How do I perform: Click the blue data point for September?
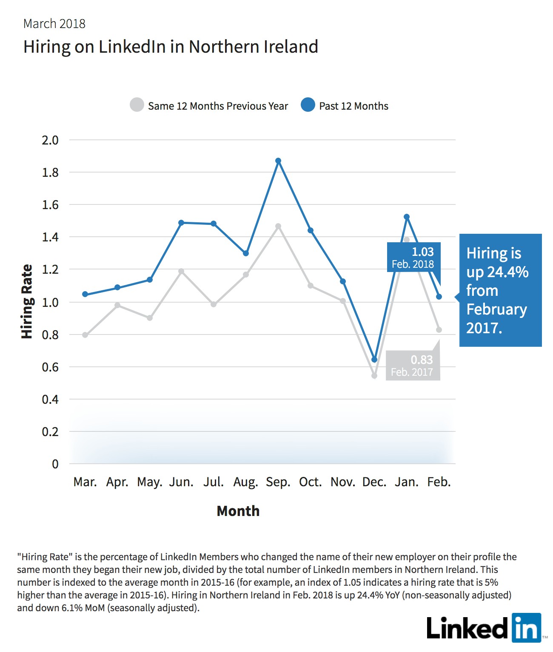278,161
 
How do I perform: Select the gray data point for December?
374,376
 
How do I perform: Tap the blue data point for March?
85,294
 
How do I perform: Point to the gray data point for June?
181,271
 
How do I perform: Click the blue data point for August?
246,253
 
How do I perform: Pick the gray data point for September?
278,226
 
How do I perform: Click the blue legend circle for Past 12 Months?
308,105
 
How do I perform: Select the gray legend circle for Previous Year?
137,105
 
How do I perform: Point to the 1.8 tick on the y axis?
51,173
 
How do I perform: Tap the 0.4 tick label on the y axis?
51,400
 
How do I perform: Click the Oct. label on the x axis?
310,482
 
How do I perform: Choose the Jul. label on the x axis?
214,482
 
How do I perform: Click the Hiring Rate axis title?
27,301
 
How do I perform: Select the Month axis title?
238,511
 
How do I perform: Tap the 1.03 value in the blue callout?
423,252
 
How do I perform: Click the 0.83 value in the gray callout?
422,360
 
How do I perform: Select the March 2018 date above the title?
54,24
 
